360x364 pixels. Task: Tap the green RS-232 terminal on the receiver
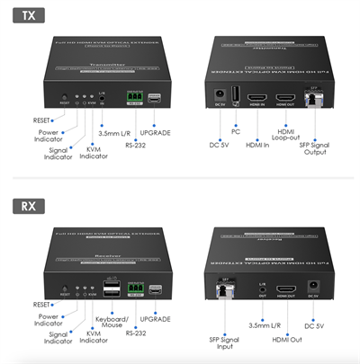(x=134, y=289)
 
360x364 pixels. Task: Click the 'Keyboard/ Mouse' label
(x=112, y=323)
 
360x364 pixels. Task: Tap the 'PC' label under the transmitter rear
(x=236, y=131)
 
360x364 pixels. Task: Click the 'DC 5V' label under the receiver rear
(x=315, y=326)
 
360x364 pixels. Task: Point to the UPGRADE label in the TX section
(x=156, y=132)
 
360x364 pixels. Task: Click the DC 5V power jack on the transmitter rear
(x=220, y=94)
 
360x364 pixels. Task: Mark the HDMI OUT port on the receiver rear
(x=286, y=289)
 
